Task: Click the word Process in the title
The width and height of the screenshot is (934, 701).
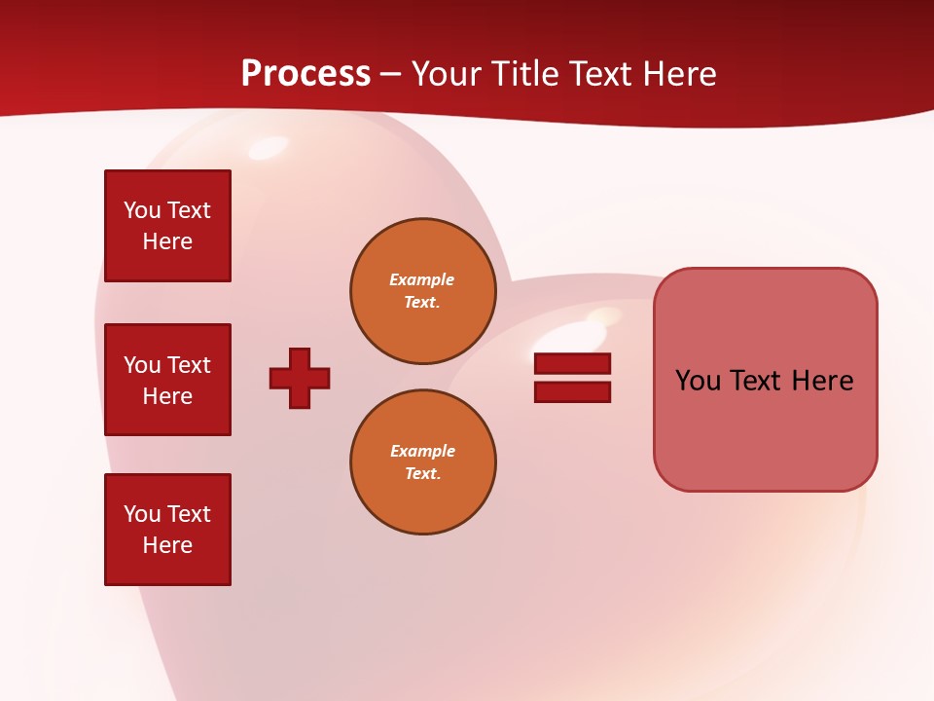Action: point(305,74)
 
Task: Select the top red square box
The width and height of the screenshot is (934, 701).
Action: point(167,226)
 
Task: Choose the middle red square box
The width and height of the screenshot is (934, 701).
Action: point(167,380)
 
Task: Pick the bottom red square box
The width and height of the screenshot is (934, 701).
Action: point(167,530)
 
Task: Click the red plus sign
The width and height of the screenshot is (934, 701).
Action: point(300,378)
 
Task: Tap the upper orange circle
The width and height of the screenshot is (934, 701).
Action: point(422,291)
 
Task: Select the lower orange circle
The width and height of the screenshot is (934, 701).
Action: point(422,462)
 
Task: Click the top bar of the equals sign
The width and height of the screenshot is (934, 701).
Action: point(572,363)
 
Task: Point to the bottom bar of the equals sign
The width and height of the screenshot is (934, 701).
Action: point(572,392)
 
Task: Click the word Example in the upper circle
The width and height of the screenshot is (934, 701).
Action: point(421,279)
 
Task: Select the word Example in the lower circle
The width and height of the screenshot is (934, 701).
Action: point(422,451)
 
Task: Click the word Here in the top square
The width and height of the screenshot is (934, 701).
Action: point(167,241)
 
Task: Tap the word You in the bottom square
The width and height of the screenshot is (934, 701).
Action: point(141,514)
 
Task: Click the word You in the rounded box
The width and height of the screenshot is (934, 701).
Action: point(697,381)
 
